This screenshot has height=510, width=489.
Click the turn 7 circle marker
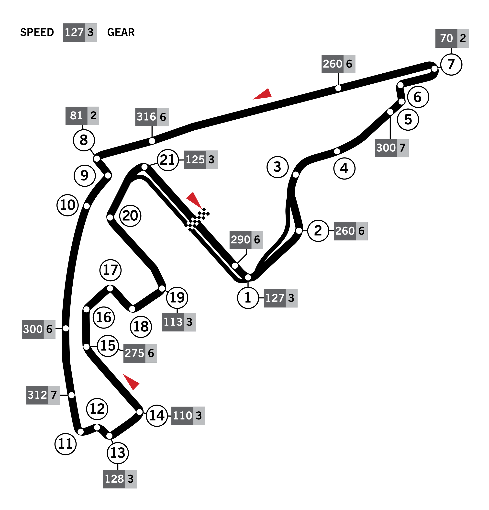451,64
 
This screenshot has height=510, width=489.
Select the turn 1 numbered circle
248,298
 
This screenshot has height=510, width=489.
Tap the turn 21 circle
168,160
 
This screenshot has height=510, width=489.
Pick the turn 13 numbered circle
118,453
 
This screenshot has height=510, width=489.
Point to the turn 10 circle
68,205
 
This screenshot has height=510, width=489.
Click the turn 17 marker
111,270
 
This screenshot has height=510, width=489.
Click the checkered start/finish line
197,219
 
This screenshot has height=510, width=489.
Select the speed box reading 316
152,117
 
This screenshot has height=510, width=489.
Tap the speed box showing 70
452,38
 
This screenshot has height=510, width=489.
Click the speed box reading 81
82,115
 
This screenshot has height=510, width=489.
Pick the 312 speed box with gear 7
43,395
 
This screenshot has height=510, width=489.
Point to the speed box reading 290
246,240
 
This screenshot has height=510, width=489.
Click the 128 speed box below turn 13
120,479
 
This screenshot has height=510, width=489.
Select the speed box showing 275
140,353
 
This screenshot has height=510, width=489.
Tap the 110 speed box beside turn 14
188,416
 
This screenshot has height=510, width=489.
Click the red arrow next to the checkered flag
194,200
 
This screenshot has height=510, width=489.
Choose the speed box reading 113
179,322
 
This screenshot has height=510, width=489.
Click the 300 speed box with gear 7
391,148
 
